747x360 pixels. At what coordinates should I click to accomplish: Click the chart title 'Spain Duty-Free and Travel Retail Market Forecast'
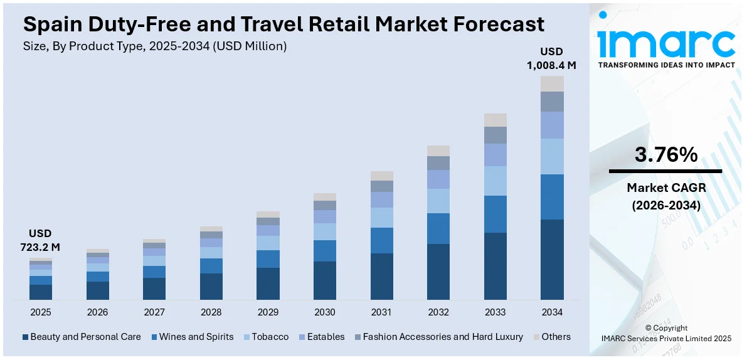pos(283,24)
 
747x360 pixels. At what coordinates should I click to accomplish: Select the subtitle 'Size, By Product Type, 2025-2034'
pos(155,46)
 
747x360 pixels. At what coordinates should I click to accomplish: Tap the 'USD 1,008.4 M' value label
pos(552,58)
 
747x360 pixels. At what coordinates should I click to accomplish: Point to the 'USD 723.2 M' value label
pos(40,240)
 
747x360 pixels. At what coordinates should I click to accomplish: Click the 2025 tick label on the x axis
pos(40,312)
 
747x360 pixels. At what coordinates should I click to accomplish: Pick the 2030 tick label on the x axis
pos(325,312)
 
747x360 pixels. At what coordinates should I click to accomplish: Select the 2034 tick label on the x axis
pos(552,312)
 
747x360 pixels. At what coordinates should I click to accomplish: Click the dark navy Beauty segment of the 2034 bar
pos(552,259)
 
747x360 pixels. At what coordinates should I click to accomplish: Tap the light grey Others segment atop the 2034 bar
pos(552,83)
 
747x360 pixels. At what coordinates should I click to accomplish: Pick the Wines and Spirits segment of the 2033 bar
pos(495,214)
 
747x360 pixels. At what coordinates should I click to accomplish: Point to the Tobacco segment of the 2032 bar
pos(438,201)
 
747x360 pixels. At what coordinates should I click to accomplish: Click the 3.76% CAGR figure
pos(665,154)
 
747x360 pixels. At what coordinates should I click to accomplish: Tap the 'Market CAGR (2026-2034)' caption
pos(665,196)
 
